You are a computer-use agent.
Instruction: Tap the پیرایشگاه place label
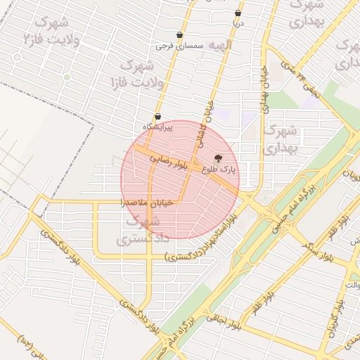point(157,126)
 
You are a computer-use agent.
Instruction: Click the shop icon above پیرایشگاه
point(157,117)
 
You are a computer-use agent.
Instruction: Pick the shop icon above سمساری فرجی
point(179,35)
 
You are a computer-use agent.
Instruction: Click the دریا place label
point(238,22)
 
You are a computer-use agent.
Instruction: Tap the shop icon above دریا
point(238,13)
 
